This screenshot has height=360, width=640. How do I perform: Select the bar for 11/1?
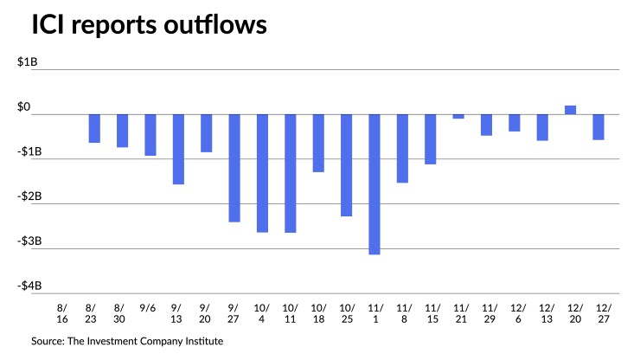pos(374,183)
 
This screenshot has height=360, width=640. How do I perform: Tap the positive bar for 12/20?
pos(571,110)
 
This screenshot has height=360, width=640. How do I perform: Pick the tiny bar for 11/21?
pos(458,116)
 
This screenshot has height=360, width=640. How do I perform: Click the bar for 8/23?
pos(94,128)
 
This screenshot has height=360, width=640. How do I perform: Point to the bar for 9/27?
pos(234,168)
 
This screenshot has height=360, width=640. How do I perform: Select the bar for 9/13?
pos(178,149)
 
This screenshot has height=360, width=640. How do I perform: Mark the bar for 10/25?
pos(346,164)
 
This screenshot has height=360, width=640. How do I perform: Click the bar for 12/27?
pos(598,127)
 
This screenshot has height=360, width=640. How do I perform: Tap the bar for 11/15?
pos(430,138)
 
